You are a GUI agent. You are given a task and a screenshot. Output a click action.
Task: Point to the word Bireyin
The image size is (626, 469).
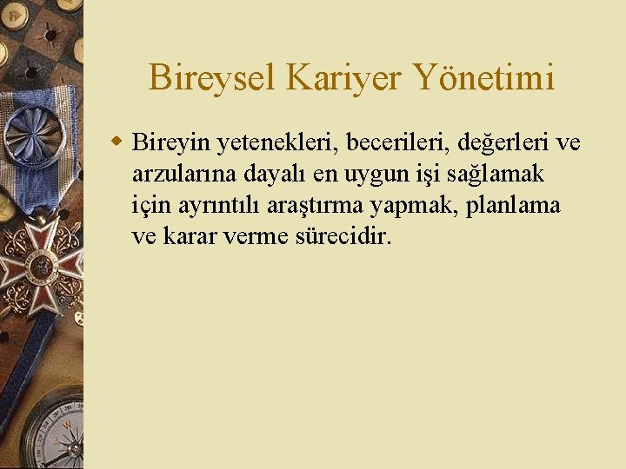[166, 142]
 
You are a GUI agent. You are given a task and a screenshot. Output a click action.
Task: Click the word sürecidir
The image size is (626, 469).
[344, 236]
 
